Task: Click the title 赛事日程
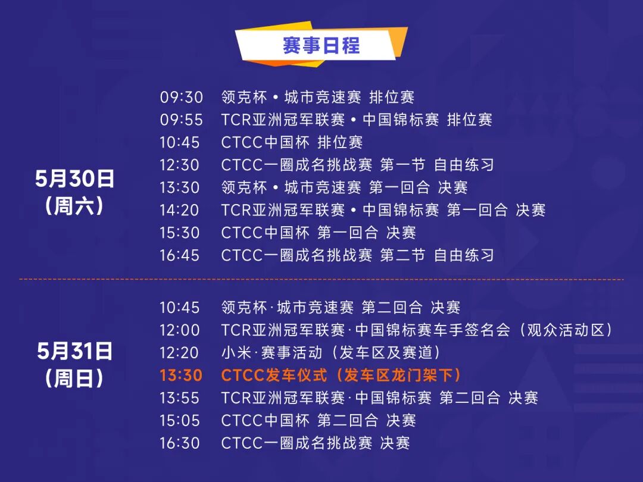321,45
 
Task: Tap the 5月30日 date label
74,179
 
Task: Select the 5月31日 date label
74,352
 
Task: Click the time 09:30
181,98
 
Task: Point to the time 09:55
181,120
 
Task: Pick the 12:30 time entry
180,165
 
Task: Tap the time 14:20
180,210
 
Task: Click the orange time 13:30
181,375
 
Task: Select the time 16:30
180,443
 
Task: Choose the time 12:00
180,330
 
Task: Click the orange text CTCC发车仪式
274,375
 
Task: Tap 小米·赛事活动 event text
271,353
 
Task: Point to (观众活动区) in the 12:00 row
566,330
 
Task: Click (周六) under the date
74,206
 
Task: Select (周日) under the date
74,378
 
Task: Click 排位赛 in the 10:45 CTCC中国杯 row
340,143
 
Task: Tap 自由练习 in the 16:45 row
464,255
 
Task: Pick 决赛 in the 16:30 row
395,443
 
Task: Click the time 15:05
180,421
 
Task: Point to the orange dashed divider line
321,280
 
